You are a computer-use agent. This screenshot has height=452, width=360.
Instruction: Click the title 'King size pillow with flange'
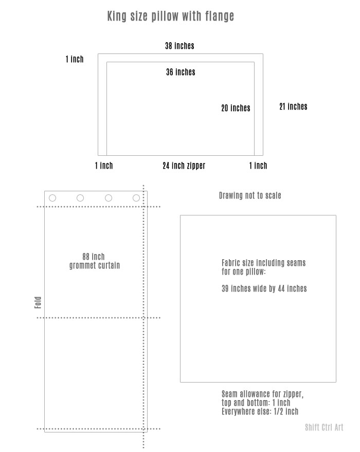(171, 16)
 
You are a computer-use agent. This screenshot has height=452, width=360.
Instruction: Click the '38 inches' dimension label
(179, 46)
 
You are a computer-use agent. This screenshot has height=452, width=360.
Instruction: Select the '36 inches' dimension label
(181, 72)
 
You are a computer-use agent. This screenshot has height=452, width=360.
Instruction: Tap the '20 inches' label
(236, 108)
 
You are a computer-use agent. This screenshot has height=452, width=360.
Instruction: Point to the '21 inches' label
(293, 106)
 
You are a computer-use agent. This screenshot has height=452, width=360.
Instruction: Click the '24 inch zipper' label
(184, 166)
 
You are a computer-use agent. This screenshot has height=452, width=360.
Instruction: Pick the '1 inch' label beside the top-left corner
(75, 59)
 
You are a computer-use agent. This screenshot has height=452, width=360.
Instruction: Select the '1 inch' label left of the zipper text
(104, 166)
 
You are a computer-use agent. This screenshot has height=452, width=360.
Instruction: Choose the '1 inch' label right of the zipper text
(258, 166)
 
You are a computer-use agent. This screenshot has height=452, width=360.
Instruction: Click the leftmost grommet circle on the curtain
(52, 195)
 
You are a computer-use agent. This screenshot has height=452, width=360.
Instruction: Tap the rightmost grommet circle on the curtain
(136, 195)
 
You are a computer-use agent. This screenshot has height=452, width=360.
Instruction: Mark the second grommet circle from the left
(80, 195)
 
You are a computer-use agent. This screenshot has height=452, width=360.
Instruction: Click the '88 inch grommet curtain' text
(94, 261)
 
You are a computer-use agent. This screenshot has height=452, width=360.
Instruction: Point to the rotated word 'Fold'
(38, 302)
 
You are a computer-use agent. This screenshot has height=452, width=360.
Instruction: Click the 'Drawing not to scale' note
(250, 195)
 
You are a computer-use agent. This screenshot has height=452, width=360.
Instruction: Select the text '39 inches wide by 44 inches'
(264, 288)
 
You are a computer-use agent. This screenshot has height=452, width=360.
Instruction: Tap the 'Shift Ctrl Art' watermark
(324, 427)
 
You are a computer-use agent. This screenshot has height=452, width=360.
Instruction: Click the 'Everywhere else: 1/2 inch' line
(260, 411)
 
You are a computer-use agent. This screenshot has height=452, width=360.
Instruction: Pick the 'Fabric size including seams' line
(263, 263)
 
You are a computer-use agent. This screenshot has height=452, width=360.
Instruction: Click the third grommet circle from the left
(109, 195)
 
